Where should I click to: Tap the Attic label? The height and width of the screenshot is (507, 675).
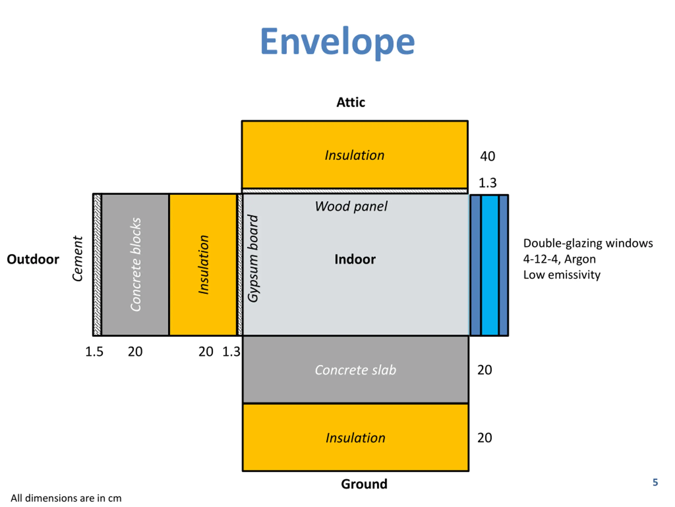pyautogui.click(x=351, y=102)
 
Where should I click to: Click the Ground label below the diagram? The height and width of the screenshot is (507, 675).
pyautogui.click(x=364, y=484)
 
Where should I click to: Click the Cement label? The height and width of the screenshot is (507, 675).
pyautogui.click(x=78, y=259)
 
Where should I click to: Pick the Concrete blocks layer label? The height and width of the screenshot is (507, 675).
pyautogui.click(x=136, y=264)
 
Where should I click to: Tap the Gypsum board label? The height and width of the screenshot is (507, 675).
pyautogui.click(x=253, y=259)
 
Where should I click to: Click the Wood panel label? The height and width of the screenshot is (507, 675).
pyautogui.click(x=351, y=206)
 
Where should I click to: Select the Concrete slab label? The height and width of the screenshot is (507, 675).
pyautogui.click(x=355, y=370)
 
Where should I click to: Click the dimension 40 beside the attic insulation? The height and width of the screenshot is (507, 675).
pyautogui.click(x=487, y=157)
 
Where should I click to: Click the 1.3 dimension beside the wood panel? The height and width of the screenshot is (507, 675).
pyautogui.click(x=487, y=183)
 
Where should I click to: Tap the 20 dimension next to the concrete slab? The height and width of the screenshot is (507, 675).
pyautogui.click(x=485, y=370)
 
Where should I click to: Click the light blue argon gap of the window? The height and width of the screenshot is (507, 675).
pyautogui.click(x=490, y=265)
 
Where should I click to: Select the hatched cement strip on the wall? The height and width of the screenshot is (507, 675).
pyautogui.click(x=97, y=265)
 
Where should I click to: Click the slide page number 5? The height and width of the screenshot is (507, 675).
pyautogui.click(x=655, y=482)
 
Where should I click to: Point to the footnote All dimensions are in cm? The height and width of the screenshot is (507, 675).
pyautogui.click(x=66, y=498)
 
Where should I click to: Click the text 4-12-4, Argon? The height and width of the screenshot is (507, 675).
pyautogui.click(x=559, y=259)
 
